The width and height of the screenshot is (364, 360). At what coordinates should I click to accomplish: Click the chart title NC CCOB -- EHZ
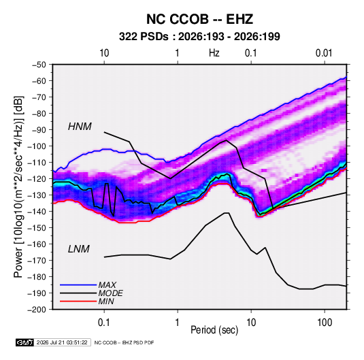coord(199,19)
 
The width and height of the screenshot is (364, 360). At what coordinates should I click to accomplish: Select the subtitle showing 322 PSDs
coord(199,37)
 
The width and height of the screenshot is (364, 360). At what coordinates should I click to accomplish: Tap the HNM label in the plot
coord(80,127)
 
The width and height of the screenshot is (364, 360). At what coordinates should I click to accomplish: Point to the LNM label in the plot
coord(79,249)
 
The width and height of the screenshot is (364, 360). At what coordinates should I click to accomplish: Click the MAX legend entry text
coord(107,284)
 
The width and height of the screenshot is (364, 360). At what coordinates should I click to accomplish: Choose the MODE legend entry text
coord(110,293)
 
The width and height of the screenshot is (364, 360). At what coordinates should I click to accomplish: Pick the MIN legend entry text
coord(106,301)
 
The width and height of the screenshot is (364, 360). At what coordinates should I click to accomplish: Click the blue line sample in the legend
coord(78,285)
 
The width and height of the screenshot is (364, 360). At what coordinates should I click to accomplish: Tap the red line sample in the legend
coord(78,301)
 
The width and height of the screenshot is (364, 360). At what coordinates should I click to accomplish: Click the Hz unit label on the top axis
coord(214,53)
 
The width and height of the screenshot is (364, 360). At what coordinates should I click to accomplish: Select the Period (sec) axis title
coord(214,330)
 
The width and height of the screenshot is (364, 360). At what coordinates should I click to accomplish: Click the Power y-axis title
coord(18,186)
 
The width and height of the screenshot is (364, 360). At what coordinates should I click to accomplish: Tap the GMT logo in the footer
coord(25,342)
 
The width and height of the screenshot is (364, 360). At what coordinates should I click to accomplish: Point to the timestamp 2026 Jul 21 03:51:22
coord(62,342)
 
